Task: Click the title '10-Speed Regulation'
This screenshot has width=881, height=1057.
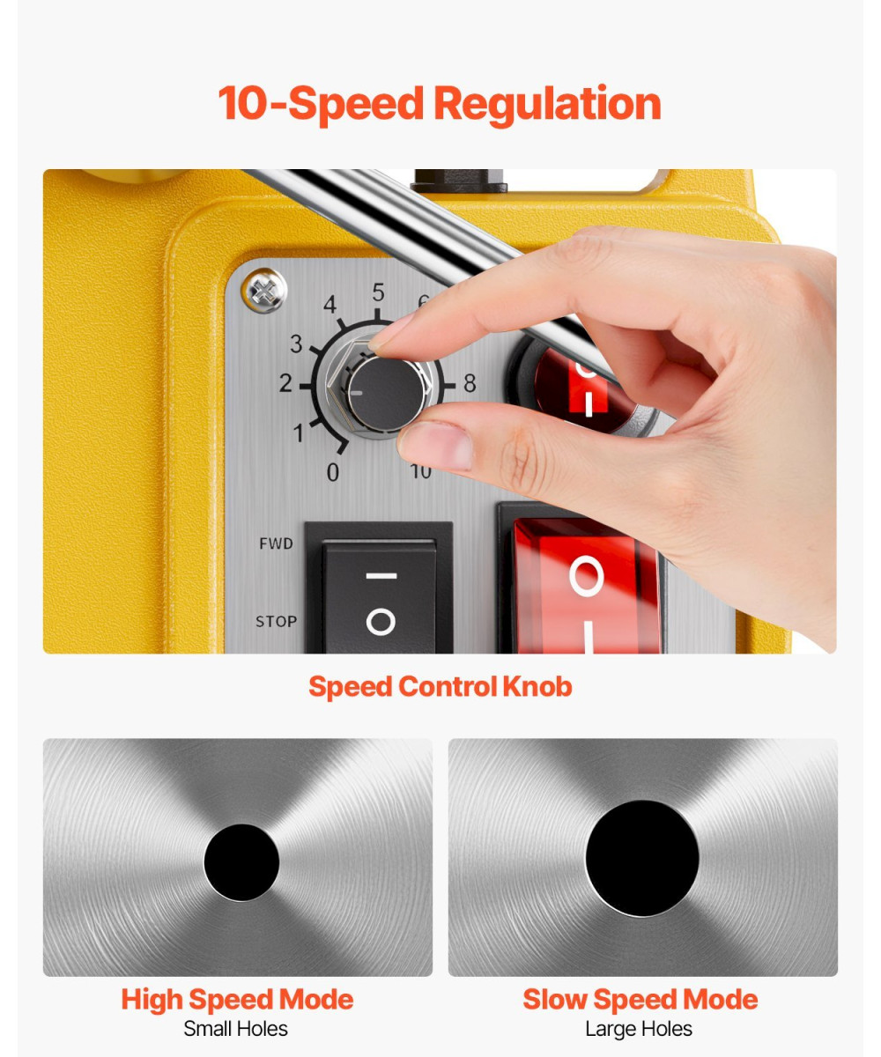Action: pyautogui.click(x=440, y=104)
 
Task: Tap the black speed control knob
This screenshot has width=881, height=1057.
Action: pyautogui.click(x=387, y=392)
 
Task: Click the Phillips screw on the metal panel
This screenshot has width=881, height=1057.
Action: pyautogui.click(x=263, y=291)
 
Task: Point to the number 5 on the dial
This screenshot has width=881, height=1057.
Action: pyautogui.click(x=378, y=292)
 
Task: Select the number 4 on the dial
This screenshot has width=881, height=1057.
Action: pyautogui.click(x=330, y=305)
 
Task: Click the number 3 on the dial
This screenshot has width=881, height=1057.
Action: pyautogui.click(x=296, y=344)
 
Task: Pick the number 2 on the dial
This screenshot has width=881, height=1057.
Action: pyautogui.click(x=285, y=383)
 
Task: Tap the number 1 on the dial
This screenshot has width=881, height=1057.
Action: pyautogui.click(x=299, y=432)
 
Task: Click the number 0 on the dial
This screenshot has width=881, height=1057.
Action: pyautogui.click(x=333, y=472)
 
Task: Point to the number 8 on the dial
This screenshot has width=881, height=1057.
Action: pyautogui.click(x=470, y=383)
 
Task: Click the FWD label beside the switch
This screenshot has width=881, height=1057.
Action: pyautogui.click(x=276, y=543)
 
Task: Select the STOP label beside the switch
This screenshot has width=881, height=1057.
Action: pyautogui.click(x=276, y=621)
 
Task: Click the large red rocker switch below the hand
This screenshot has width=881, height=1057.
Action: pyautogui.click(x=587, y=588)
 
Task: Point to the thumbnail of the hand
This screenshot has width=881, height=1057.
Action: pyautogui.click(x=437, y=446)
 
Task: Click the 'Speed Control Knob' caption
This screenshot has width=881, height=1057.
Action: pyautogui.click(x=440, y=687)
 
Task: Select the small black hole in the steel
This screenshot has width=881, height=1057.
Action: pyautogui.click(x=241, y=862)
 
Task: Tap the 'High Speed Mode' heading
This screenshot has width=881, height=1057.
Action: pyautogui.click(x=238, y=999)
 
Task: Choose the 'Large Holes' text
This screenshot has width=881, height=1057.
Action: pyautogui.click(x=639, y=1029)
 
